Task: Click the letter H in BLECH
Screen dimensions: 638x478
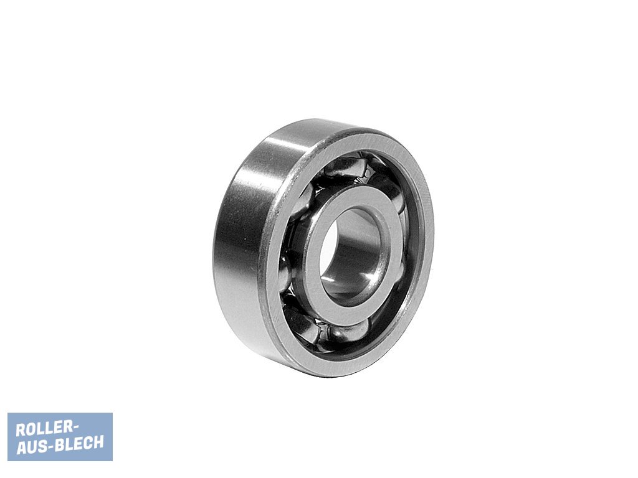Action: click(98, 442)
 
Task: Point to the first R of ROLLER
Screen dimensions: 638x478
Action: click(21, 429)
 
